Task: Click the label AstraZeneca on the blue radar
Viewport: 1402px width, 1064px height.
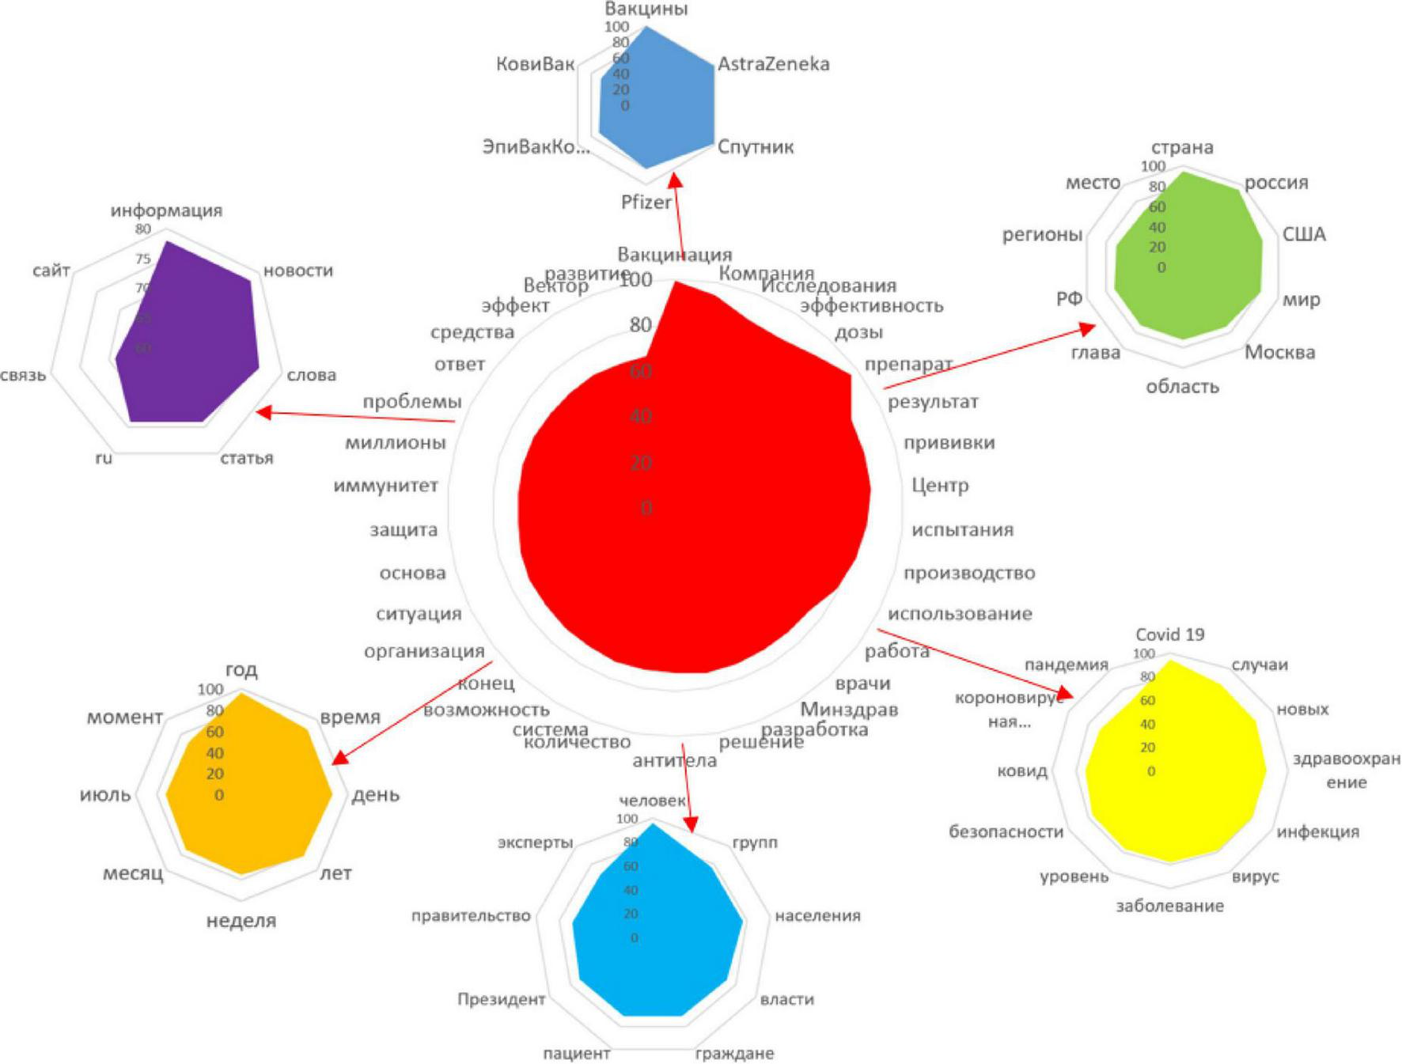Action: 773,64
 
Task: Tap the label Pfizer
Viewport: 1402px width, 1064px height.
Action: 646,203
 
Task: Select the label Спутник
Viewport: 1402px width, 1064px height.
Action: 755,147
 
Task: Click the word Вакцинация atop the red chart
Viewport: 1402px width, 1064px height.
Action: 674,255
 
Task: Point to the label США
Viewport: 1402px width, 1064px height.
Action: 1303,235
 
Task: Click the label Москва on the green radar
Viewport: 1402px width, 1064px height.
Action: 1279,353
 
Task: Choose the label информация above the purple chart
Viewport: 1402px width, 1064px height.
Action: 166,210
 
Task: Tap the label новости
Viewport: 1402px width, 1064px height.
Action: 297,271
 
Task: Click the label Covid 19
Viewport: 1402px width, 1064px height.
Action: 1169,634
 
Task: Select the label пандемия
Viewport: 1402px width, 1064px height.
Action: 1066,665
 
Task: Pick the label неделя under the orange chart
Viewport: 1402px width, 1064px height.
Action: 241,921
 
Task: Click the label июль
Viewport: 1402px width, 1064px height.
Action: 105,795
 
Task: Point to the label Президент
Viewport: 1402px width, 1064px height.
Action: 501,1000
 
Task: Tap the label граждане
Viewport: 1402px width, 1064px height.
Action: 733,1054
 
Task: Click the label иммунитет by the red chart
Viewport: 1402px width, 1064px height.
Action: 385,486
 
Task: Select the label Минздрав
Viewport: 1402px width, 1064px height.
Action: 849,710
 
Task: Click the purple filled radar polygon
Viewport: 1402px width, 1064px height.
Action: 190,340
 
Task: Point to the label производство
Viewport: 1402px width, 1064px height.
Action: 968,573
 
